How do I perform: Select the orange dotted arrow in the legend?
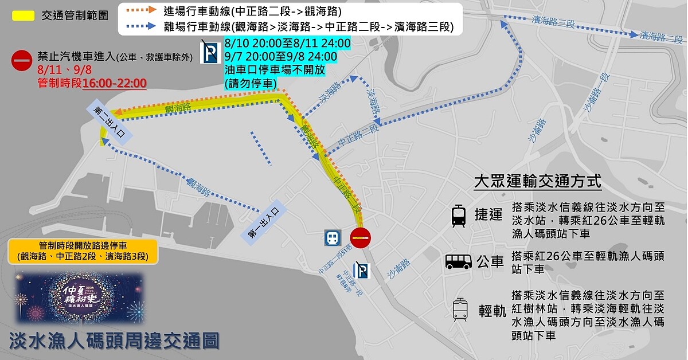tap(141, 10)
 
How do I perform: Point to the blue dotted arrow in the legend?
tap(141, 26)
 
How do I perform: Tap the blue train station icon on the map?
tap(333, 238)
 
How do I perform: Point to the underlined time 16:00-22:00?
tap(114, 83)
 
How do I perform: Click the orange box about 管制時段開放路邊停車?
tap(83, 251)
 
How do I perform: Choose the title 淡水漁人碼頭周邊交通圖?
tap(114, 341)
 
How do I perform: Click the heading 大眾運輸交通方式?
tap(537, 182)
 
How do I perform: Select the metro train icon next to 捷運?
tap(459, 216)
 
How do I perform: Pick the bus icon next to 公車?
tap(459, 262)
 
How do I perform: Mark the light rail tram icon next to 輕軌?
tap(460, 310)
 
